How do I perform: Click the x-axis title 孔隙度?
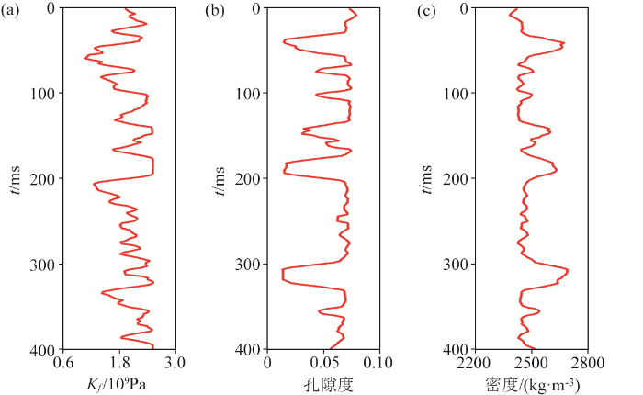point(324,381)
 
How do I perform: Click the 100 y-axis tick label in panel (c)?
point(457,93)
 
